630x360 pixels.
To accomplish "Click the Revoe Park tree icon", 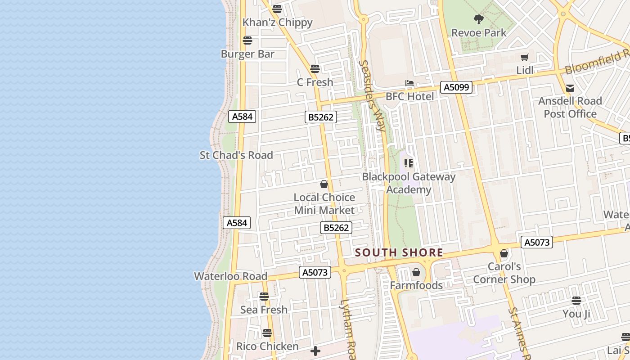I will click(x=478, y=19).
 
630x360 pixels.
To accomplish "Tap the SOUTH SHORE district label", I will click(x=399, y=253).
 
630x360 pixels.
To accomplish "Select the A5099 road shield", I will click(x=456, y=87).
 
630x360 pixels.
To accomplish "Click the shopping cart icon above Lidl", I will click(x=524, y=57).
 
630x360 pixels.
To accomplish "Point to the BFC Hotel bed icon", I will click(x=409, y=83).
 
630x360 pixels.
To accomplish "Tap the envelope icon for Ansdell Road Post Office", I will click(x=570, y=88).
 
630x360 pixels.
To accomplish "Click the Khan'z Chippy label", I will click(x=277, y=22).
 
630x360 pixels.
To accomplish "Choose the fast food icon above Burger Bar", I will click(x=247, y=40).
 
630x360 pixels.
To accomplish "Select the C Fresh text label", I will click(x=315, y=82).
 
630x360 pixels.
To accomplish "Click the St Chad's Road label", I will click(x=236, y=155).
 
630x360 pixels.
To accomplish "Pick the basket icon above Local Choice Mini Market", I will click(x=324, y=184).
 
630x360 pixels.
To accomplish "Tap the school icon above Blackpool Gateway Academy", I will click(x=409, y=163).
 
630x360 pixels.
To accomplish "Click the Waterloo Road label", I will click(x=230, y=276).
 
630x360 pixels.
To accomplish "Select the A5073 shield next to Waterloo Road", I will click(x=315, y=272).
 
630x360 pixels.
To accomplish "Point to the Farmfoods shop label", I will click(x=416, y=285).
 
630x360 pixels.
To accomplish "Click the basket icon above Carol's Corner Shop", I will click(x=504, y=254).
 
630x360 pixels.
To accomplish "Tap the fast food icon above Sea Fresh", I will click(x=264, y=297).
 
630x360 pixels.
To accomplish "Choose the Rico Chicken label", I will click(x=267, y=346).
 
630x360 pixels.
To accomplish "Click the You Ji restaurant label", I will click(x=576, y=314).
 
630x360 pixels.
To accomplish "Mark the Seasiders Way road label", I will click(x=373, y=96).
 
